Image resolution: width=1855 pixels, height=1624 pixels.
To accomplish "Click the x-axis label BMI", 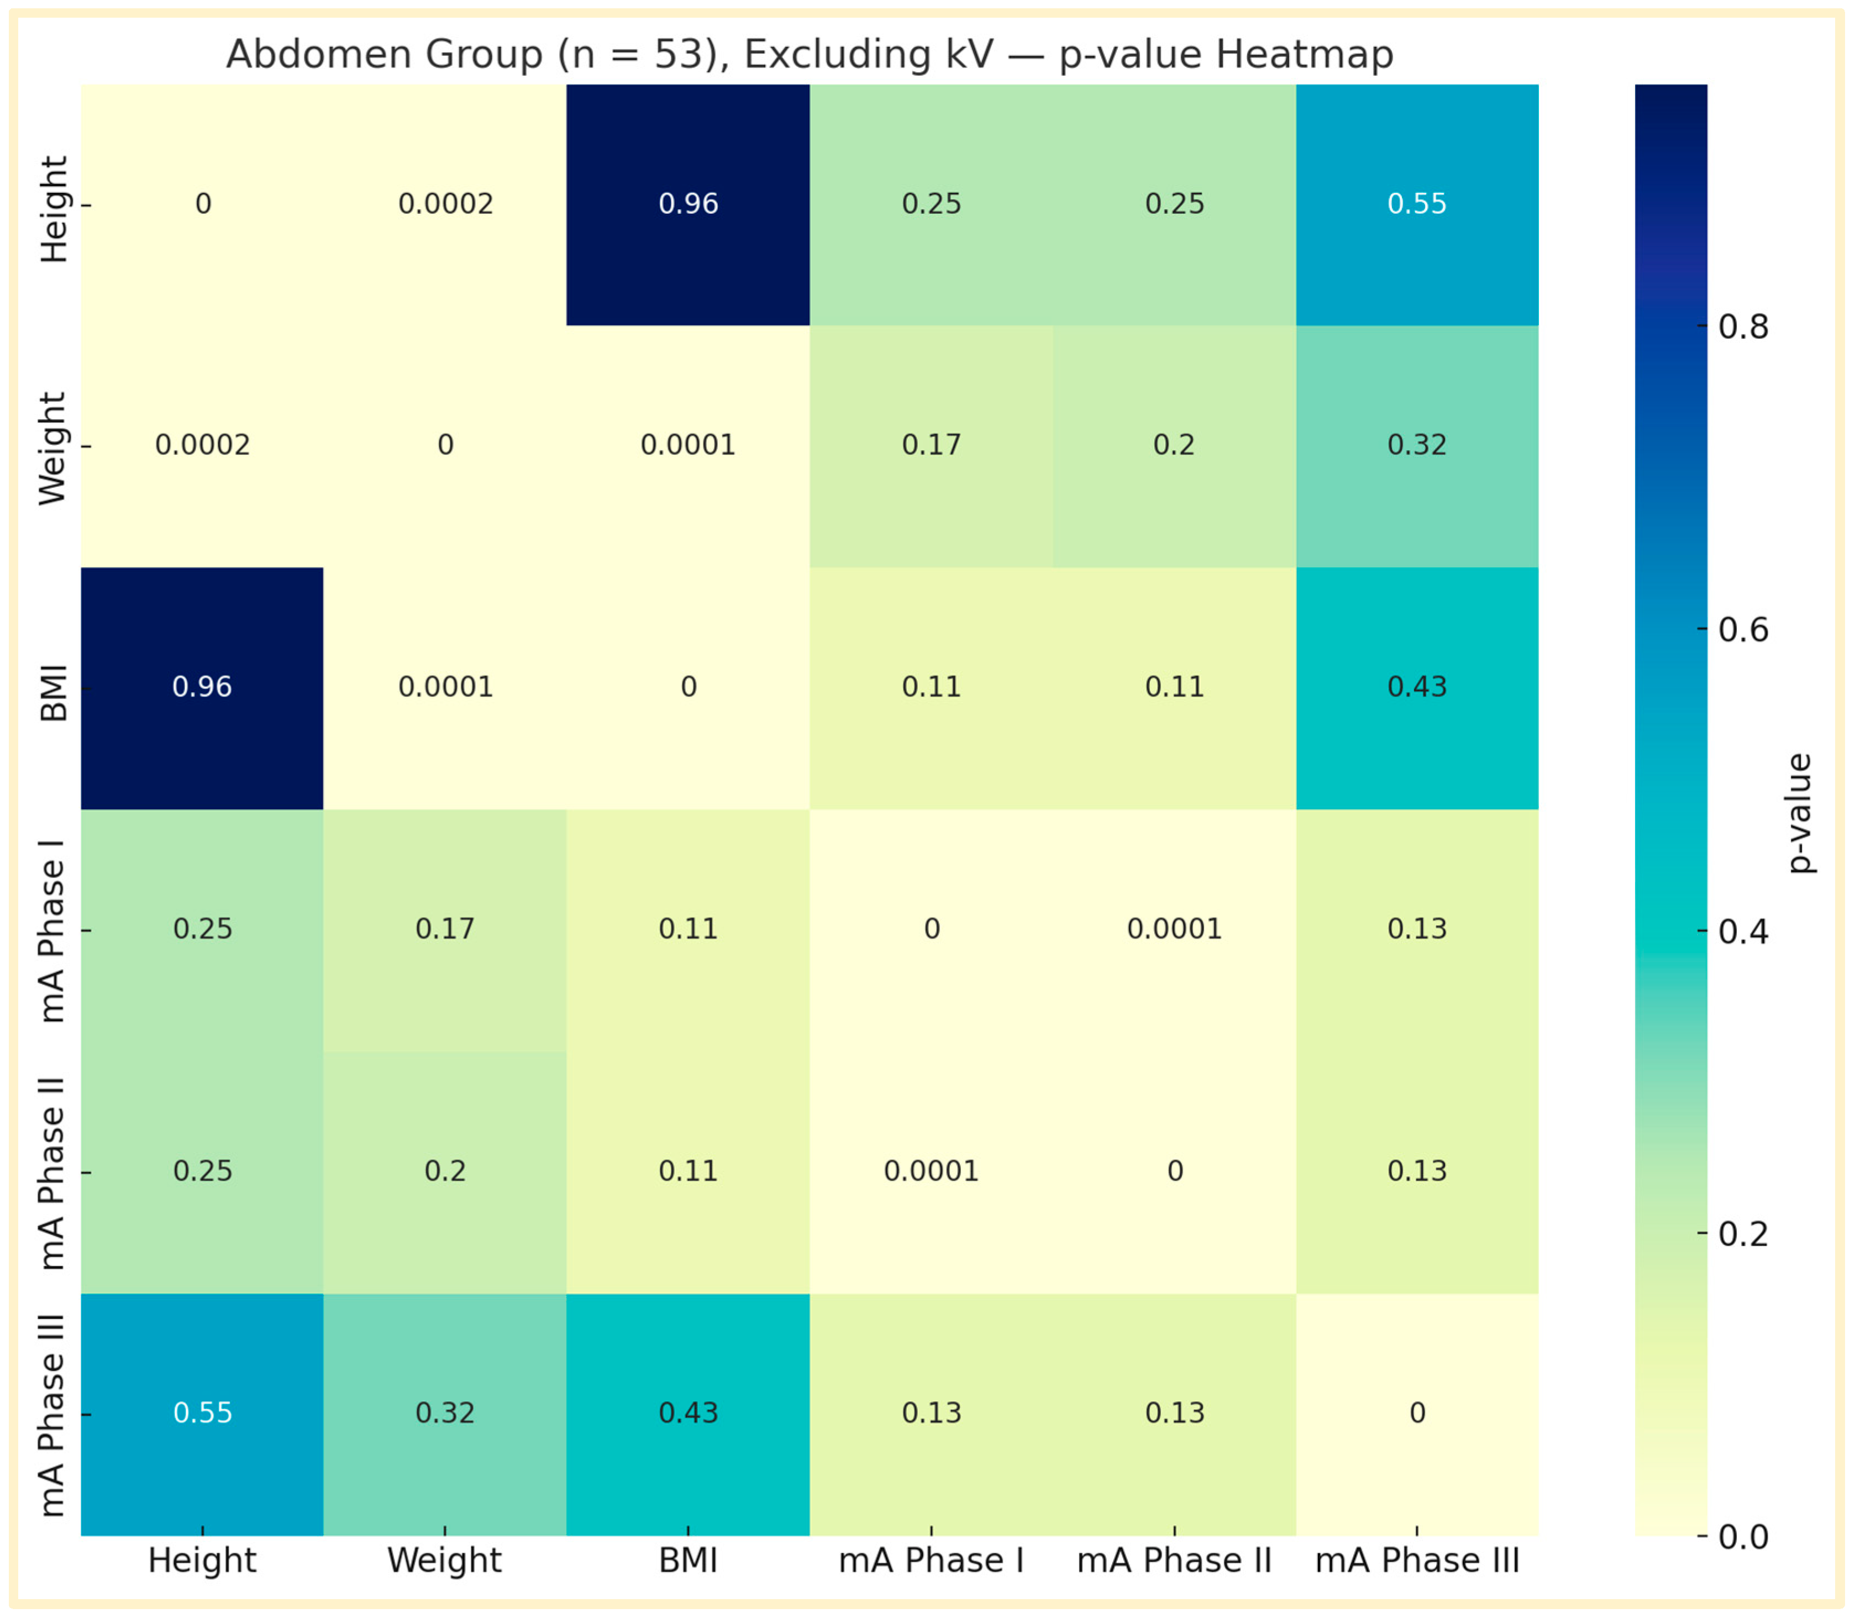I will point(688,1560).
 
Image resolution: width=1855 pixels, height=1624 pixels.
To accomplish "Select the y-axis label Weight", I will point(52,448).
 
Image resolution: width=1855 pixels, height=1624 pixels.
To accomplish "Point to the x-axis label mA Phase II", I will point(1174,1560).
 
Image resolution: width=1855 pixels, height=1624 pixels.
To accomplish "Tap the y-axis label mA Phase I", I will point(52,931).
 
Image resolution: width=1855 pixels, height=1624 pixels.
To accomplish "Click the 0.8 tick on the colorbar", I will point(1742,327).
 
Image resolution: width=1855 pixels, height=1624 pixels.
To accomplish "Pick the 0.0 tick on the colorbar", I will point(1742,1537).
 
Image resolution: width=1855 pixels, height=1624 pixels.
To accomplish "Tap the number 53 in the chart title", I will point(679,54).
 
